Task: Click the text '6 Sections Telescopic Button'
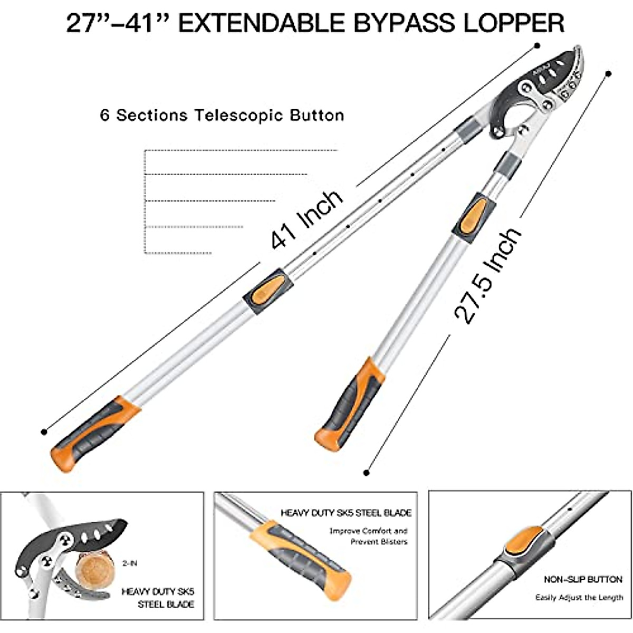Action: click(222, 115)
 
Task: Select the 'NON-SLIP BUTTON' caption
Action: click(583, 580)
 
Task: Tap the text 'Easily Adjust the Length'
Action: click(579, 598)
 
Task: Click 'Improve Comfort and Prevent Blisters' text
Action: click(369, 536)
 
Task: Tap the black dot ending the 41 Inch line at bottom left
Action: click(44, 432)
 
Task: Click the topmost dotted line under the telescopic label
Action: click(240, 151)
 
